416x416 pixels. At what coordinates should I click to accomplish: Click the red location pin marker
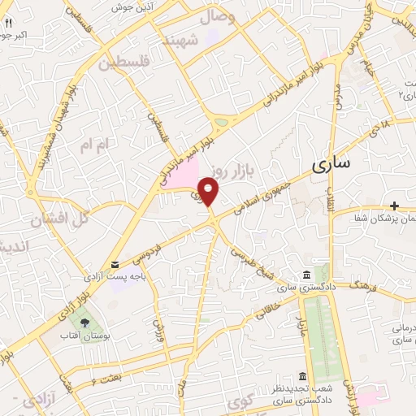click(x=210, y=192)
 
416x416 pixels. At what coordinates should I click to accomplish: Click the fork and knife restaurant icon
click(x=8, y=24)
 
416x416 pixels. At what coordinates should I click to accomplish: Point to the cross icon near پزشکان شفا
click(x=395, y=206)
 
